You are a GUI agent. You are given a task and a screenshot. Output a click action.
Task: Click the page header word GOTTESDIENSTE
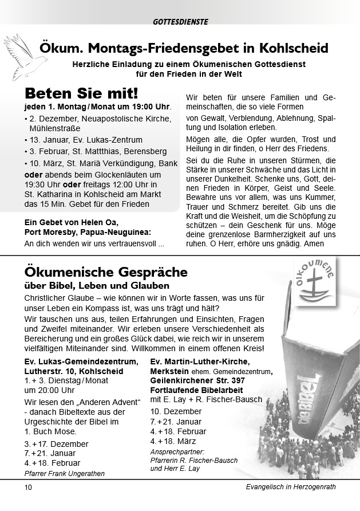[180, 22]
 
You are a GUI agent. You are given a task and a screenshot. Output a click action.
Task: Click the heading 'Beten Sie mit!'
[81, 93]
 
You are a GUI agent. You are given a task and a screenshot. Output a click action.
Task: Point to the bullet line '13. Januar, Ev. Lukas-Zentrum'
[85, 140]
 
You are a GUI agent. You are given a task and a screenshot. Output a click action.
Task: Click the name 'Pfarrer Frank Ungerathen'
[65, 473]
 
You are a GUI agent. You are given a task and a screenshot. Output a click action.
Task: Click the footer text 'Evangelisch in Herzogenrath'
[287, 488]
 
